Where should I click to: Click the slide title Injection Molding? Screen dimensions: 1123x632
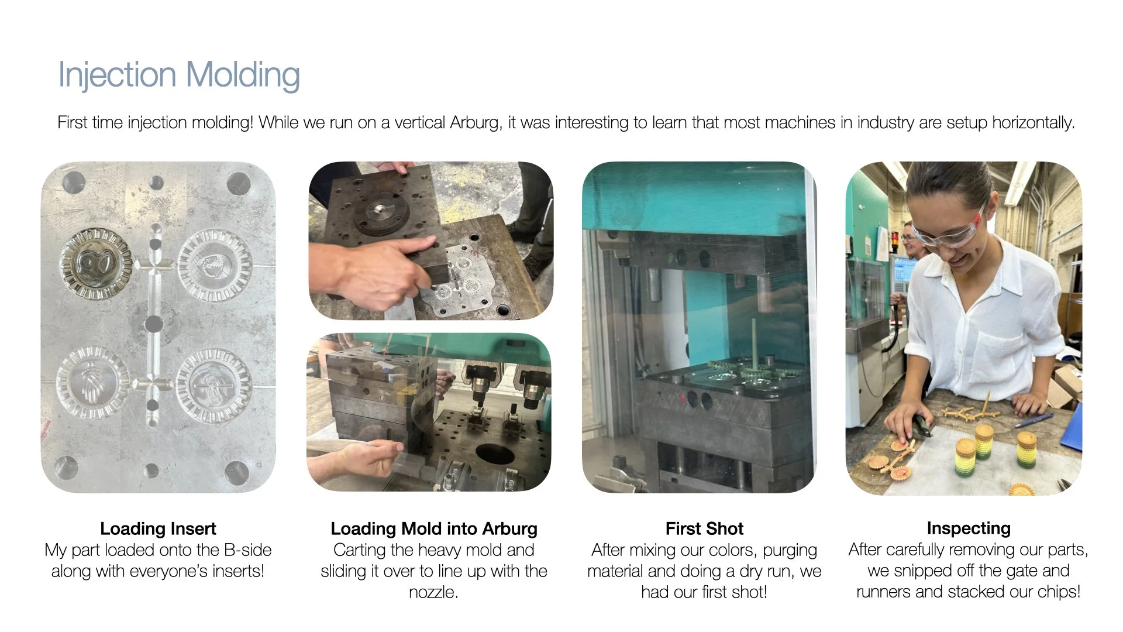179,75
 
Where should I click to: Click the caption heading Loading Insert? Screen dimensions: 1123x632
158,528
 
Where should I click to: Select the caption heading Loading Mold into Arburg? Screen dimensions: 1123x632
434,528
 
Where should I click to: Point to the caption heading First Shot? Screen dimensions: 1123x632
704,528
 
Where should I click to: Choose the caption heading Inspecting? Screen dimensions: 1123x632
969,528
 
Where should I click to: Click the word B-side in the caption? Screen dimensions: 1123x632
248,550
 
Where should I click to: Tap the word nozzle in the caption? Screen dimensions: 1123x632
432,592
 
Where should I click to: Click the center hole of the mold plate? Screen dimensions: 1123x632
153,324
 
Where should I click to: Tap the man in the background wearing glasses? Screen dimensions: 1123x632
910,239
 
